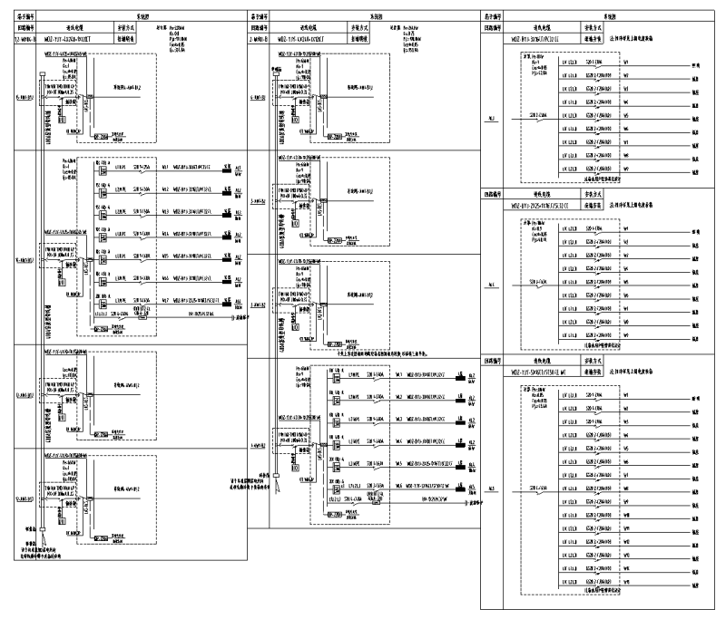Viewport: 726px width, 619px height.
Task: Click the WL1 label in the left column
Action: coord(165,169)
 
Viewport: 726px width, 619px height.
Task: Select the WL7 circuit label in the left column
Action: coord(165,295)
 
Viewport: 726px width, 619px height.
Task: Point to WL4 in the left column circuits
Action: coord(165,233)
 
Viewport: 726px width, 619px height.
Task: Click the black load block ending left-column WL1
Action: coord(228,169)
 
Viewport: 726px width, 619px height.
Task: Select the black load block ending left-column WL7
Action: coord(228,296)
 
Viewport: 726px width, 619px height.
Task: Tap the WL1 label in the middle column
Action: coord(399,372)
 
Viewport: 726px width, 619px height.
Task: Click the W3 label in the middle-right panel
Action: coord(626,264)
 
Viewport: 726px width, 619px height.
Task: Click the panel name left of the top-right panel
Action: coord(491,118)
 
